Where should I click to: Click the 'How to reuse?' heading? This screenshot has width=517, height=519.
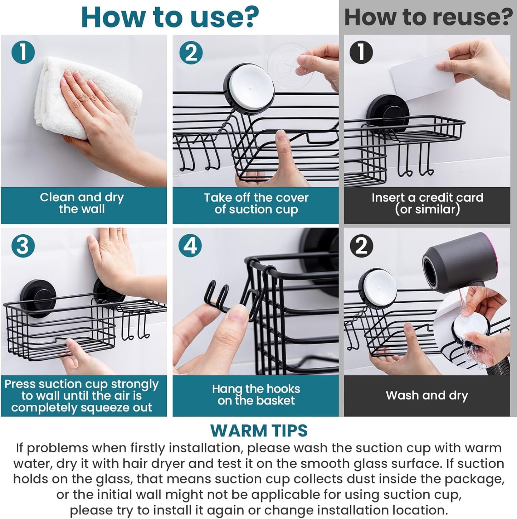coord(428,17)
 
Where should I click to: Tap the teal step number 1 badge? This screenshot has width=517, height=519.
coord(23,52)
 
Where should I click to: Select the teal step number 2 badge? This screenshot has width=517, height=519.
coord(190,53)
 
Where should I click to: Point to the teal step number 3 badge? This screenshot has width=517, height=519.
coord(23,246)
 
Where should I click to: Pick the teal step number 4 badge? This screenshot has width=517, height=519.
coord(190,246)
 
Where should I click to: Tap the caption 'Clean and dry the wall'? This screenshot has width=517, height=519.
coord(82,203)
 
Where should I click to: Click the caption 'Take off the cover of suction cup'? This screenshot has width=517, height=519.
coord(256,203)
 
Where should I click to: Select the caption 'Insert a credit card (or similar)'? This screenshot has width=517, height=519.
coord(427,203)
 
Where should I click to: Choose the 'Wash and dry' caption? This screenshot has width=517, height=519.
coord(427,395)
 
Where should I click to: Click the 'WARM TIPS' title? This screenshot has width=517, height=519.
coord(259,430)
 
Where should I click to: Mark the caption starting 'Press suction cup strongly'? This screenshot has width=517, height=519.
coord(82,395)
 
